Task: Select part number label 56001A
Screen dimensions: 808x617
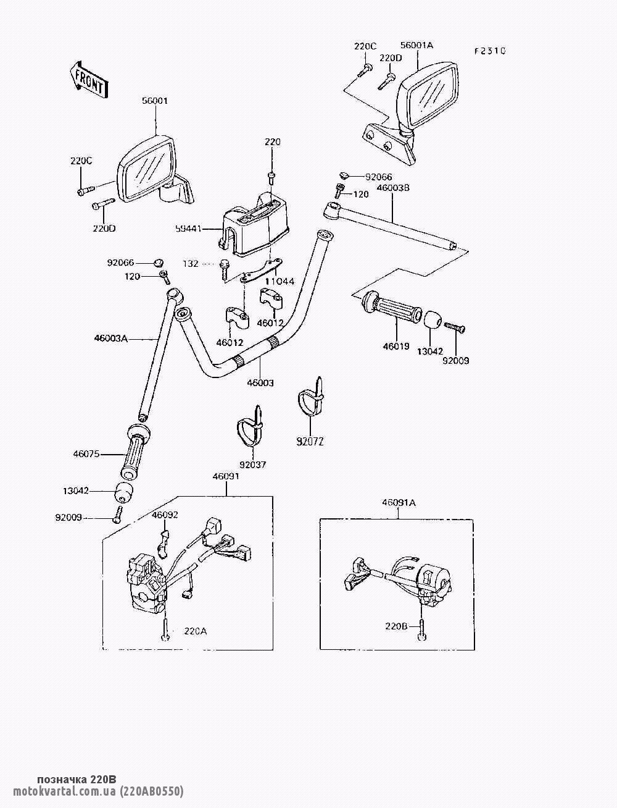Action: pos(417,45)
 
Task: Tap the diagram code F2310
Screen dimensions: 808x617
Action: pos(489,51)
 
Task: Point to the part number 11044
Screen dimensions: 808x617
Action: pos(280,281)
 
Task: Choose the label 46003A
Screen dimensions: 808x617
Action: pos(111,338)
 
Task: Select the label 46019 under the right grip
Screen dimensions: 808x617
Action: pos(396,347)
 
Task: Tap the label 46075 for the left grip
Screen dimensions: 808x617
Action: pos(86,454)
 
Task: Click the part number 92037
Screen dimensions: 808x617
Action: pos(252,464)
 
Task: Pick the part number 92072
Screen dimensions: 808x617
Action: pos(310,441)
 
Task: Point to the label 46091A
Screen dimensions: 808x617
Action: pos(399,503)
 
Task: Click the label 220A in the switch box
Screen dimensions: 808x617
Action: pos(196,631)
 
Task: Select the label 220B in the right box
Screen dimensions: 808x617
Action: pos(396,626)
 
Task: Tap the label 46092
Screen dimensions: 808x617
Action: pos(165,515)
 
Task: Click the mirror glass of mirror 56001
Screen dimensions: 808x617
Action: pos(147,169)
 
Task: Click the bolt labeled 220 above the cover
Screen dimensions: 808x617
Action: pos(272,179)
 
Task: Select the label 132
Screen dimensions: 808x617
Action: pos(191,264)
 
